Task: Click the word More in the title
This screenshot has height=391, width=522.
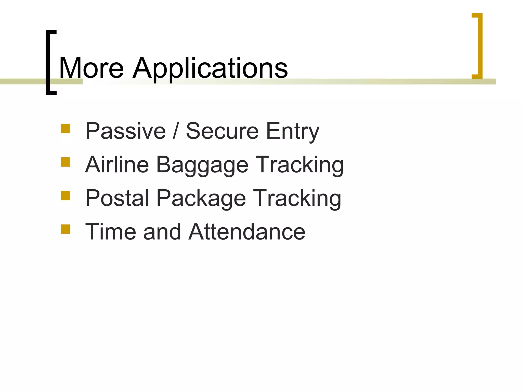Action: click(91, 68)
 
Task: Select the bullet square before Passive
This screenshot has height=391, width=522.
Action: click(66, 129)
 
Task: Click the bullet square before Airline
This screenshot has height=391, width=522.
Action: click(66, 162)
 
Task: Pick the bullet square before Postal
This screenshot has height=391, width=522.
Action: click(66, 196)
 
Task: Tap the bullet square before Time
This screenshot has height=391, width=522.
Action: click(66, 229)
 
